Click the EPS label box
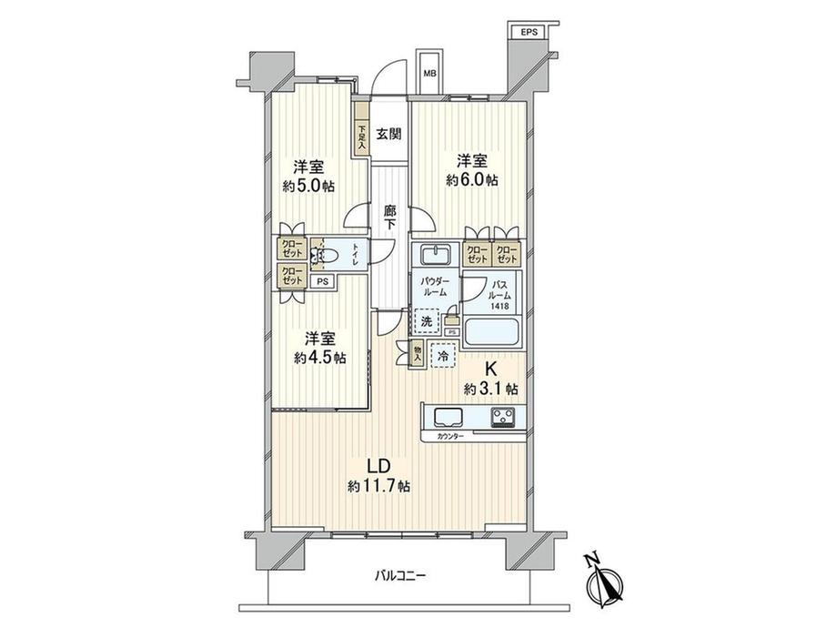(x=529, y=32)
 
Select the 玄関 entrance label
(x=388, y=134)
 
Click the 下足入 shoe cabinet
(x=361, y=137)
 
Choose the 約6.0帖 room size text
(x=471, y=180)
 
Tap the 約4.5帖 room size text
(x=319, y=358)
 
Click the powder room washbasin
(x=434, y=252)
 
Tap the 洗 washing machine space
(x=426, y=320)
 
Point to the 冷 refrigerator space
(x=444, y=358)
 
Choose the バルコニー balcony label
(x=398, y=575)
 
